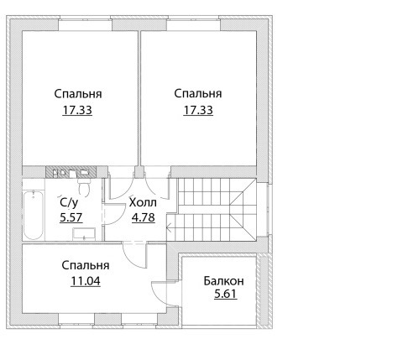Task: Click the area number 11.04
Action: point(86,281)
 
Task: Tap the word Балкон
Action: point(223,281)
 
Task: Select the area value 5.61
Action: point(226,294)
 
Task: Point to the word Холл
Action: point(143,202)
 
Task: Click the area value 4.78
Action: point(144,217)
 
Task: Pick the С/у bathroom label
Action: point(69,203)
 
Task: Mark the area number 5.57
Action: point(71,217)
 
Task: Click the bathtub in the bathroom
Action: point(34,215)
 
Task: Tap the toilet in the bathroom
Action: point(84,186)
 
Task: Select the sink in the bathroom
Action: point(84,234)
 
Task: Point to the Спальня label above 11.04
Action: point(86,265)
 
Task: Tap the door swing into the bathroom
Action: point(114,214)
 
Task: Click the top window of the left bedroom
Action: point(85,23)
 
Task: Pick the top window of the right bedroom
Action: point(194,23)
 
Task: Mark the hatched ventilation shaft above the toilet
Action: point(71,171)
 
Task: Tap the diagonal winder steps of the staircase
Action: point(243,210)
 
